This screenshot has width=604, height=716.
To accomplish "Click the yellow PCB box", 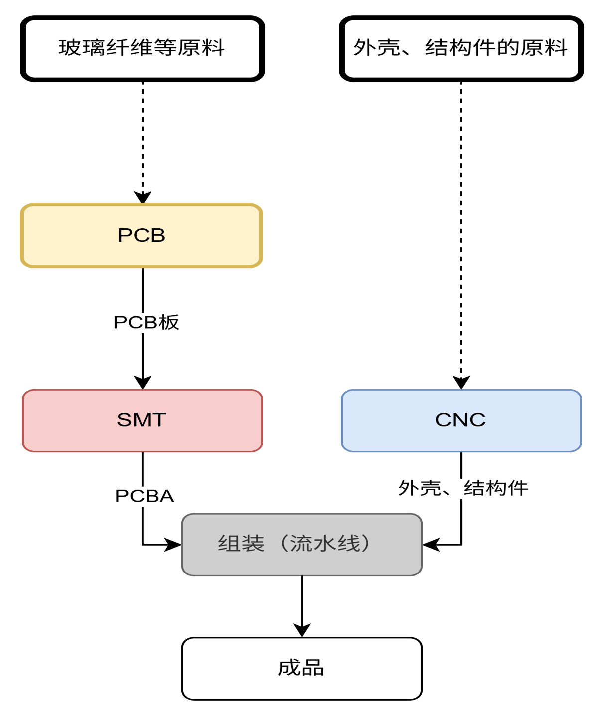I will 142,236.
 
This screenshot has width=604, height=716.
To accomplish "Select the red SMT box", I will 142,421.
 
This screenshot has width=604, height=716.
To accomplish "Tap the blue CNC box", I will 461,421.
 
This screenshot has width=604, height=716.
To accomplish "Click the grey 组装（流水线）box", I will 302,545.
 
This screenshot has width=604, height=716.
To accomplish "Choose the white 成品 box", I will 302,668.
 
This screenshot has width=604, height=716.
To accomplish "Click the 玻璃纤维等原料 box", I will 142,49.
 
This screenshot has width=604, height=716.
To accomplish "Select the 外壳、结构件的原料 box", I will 461,49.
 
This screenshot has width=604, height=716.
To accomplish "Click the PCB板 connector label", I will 146,323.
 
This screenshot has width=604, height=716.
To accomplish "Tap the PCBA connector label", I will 145,496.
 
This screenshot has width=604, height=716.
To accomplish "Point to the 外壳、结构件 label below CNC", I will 463,488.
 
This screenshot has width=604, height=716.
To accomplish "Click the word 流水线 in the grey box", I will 325,544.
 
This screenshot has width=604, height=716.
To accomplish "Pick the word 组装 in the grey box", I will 241,544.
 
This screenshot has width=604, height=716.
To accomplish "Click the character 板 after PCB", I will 169,323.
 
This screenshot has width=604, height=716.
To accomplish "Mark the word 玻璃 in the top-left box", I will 82,48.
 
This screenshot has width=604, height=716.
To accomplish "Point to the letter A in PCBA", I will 166,496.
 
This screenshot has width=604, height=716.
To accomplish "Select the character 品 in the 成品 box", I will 313,668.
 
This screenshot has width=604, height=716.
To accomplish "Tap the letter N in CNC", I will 460,420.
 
